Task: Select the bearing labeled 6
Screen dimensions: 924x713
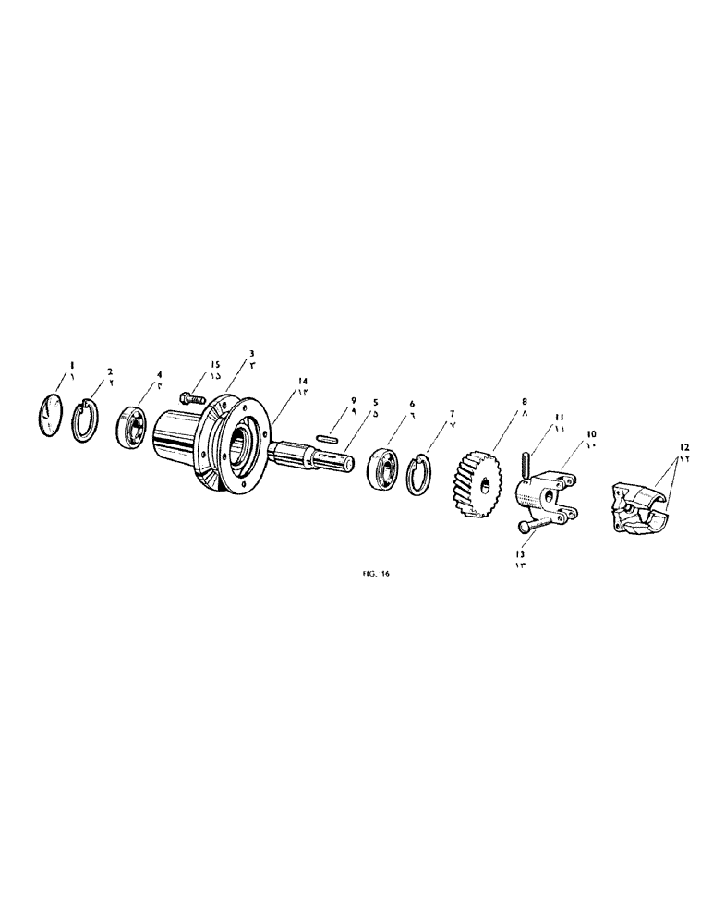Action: coord(383,468)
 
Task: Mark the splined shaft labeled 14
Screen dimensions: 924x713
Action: coord(314,452)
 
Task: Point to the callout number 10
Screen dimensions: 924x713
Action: coord(591,432)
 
